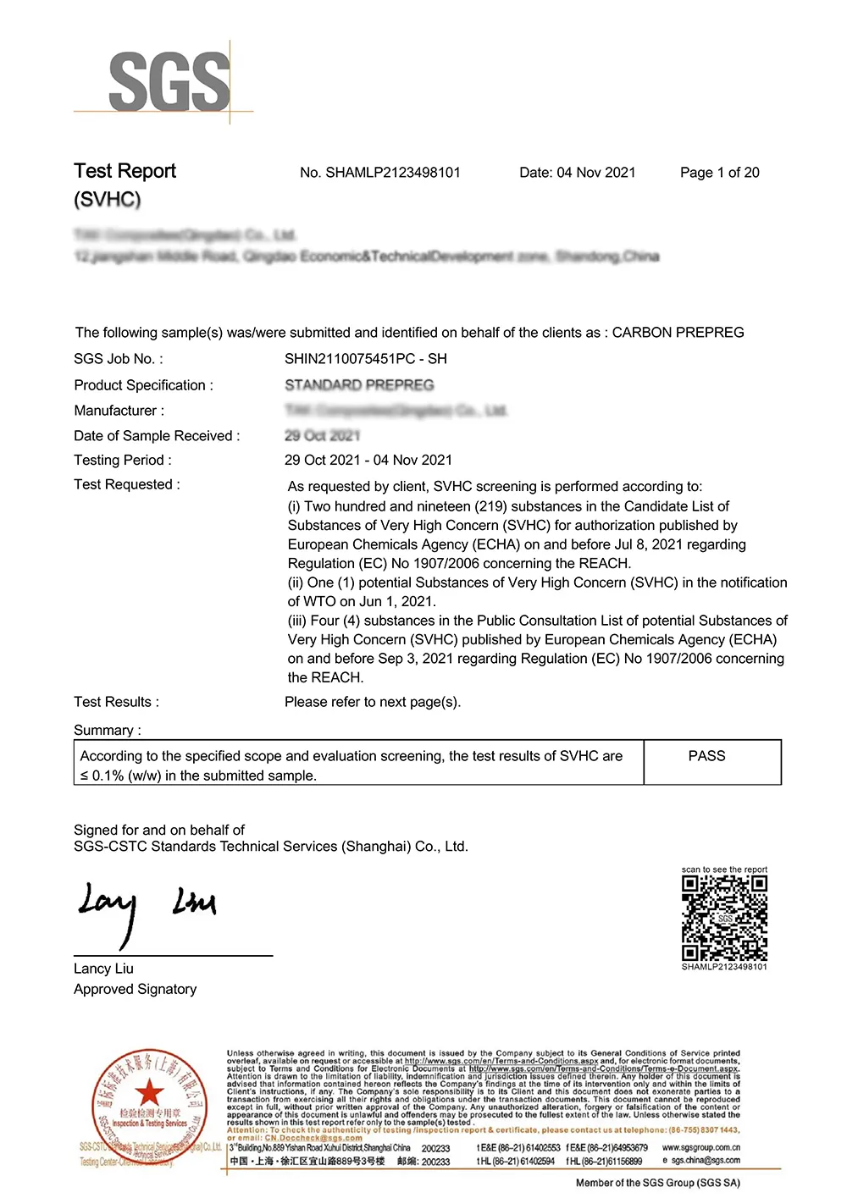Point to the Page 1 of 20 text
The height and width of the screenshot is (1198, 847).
pyautogui.click(x=719, y=173)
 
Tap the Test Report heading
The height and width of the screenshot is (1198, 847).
pyautogui.click(x=125, y=171)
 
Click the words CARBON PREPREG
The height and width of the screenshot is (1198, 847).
pyautogui.click(x=678, y=333)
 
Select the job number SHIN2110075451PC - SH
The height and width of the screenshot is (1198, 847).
pyautogui.click(x=365, y=359)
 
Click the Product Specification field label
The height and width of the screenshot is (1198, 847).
pyautogui.click(x=143, y=385)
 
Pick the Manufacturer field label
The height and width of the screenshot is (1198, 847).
pyautogui.click(x=119, y=411)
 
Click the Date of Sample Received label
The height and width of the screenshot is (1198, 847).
pyautogui.click(x=157, y=436)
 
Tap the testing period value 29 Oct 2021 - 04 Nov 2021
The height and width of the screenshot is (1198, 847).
pyautogui.click(x=368, y=461)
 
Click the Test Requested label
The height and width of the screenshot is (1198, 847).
pyautogui.click(x=126, y=484)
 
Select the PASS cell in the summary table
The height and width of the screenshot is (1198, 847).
pyautogui.click(x=706, y=756)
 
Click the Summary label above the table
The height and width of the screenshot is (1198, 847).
pyautogui.click(x=107, y=730)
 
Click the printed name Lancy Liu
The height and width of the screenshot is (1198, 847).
pyautogui.click(x=103, y=969)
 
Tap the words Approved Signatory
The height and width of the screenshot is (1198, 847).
pyautogui.click(x=135, y=989)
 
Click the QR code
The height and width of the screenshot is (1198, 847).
pyautogui.click(x=724, y=918)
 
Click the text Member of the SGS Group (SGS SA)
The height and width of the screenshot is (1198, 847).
pyautogui.click(x=657, y=1183)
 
